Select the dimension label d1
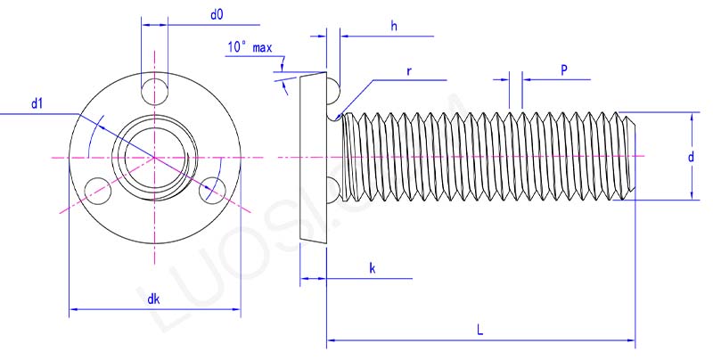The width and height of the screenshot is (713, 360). point(37,104)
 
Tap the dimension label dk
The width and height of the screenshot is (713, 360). point(153,299)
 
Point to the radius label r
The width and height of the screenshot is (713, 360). point(408,70)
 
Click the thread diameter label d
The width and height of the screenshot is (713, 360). point(691,157)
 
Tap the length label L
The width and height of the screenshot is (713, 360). point(479,329)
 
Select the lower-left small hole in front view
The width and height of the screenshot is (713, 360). point(95,187)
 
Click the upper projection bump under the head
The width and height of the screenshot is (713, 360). point(332,87)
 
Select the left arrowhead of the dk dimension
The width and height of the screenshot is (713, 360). point(74,310)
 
